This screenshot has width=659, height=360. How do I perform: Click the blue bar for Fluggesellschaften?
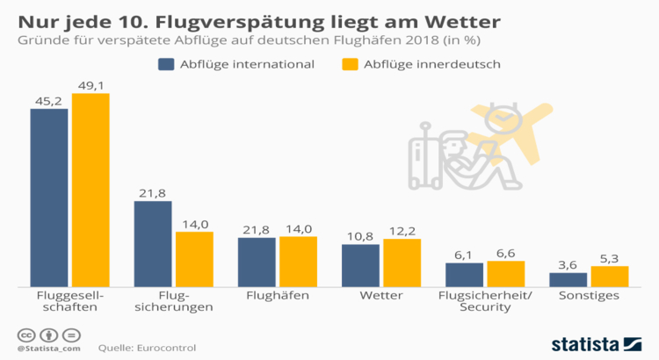pos(49,198)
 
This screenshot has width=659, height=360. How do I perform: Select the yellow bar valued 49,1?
pos(91,190)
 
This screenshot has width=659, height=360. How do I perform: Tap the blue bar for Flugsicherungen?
pos(153,243)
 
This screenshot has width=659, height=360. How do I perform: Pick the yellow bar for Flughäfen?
pos(298,262)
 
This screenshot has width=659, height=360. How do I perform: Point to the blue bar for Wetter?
pos(360,265)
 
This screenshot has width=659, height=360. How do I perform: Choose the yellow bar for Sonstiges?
pos(609,276)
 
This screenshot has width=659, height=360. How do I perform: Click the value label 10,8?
pos(360,236)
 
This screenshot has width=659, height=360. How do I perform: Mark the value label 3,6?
pos(568,264)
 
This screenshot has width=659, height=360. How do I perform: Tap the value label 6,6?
pos(505,253)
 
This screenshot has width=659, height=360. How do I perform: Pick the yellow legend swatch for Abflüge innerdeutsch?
pos(351,64)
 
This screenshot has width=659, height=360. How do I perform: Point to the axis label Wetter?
pos(380,296)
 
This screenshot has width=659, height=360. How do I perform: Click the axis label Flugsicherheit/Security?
pos(485,302)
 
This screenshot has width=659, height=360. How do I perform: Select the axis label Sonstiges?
pos(589,296)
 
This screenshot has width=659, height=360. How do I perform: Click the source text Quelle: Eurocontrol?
pos(147,348)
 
